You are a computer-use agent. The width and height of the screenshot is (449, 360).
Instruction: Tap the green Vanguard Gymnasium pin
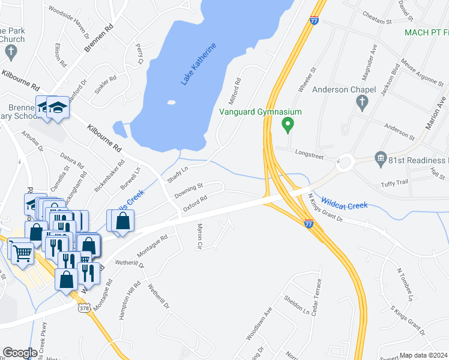[x=288, y=125]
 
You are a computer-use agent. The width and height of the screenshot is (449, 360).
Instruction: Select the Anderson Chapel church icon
[x=361, y=103]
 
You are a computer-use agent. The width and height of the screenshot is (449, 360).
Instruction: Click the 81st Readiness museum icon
[x=380, y=160]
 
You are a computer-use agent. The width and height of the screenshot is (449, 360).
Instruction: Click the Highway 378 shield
[x=83, y=308]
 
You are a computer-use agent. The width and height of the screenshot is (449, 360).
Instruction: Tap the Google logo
[x=20, y=353]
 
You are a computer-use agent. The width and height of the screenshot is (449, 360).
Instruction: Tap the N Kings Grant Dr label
[x=325, y=207]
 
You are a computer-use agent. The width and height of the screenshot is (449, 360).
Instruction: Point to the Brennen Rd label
[x=99, y=40]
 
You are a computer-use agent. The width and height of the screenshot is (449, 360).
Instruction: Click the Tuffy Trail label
[x=394, y=182]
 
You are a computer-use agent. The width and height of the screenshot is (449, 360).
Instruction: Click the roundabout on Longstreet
[x=345, y=161]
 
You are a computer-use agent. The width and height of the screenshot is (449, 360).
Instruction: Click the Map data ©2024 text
[x=423, y=355]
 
